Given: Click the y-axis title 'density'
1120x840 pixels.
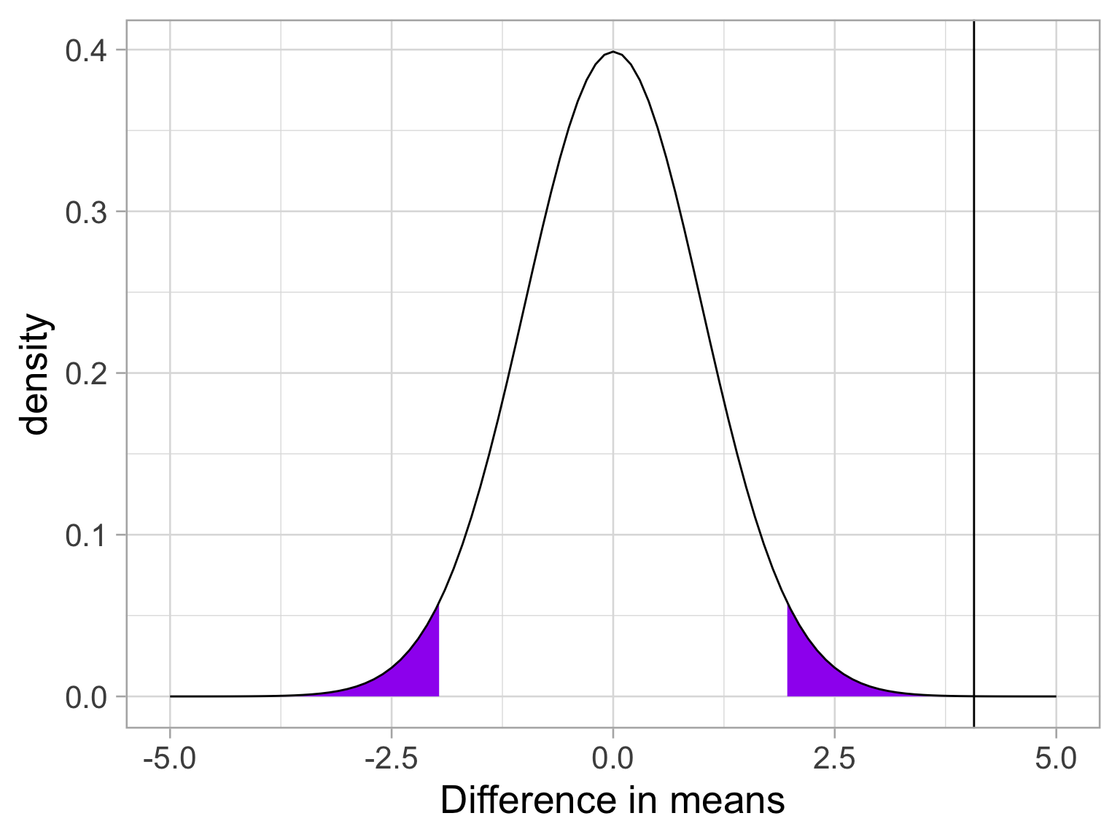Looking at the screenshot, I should pyautogui.click(x=35, y=374).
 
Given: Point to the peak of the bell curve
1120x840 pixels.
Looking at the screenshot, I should pyautogui.click(x=613, y=52).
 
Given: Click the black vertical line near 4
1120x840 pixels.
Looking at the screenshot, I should pyautogui.click(x=974, y=365).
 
